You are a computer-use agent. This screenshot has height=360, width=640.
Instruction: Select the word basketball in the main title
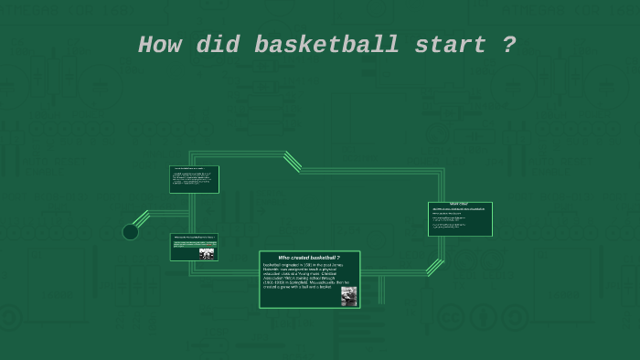click(326, 45)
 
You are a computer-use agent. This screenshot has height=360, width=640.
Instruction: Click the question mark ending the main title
click(509, 45)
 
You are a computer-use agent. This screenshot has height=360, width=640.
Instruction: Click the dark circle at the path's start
click(131, 232)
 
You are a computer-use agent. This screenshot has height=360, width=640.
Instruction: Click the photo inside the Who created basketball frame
click(348, 296)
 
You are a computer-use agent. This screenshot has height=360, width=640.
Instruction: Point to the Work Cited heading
click(459, 204)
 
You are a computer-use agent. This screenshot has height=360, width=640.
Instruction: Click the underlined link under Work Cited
click(458, 209)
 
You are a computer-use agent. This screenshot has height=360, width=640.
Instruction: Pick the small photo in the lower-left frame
click(207, 253)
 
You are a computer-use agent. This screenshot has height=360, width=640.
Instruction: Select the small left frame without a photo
click(194, 179)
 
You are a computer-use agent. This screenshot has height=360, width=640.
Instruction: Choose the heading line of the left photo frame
click(193, 237)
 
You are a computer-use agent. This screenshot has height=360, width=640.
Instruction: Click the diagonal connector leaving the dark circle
click(141, 219)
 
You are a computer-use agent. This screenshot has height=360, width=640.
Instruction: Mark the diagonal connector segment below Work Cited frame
click(434, 268)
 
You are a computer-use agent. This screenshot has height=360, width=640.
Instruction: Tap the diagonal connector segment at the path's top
click(293, 162)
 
